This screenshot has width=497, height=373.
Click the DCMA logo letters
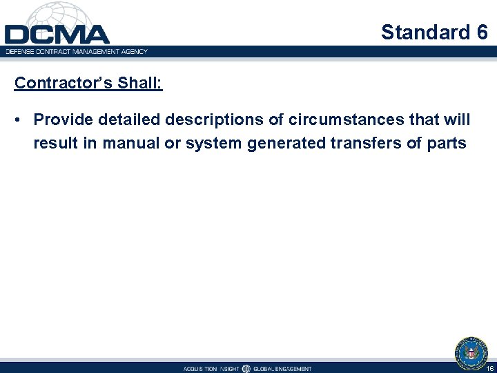[x=57, y=35]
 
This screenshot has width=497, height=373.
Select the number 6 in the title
[x=481, y=32]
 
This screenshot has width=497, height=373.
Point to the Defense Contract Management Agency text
[x=77, y=50]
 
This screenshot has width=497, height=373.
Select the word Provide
[x=64, y=120]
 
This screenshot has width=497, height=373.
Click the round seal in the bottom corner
[x=471, y=352]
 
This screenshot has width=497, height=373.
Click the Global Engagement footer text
[x=282, y=369]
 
